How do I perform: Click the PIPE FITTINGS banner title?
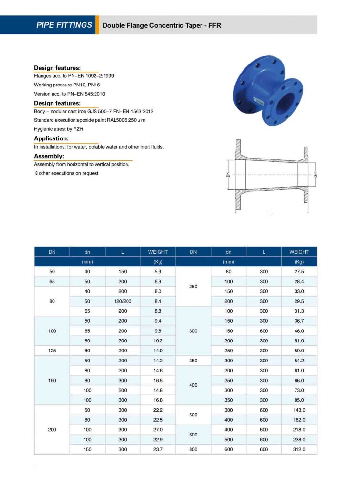click(x=64, y=25)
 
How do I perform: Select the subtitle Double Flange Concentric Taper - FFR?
click(x=162, y=25)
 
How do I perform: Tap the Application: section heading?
click(x=51, y=138)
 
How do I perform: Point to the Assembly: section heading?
click(x=49, y=156)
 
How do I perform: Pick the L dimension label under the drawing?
click(x=271, y=213)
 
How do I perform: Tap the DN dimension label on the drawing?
click(x=228, y=175)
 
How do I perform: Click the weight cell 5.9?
click(x=158, y=272)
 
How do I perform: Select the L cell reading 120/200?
click(x=123, y=301)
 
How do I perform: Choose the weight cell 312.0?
click(x=299, y=449)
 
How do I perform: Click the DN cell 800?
click(x=193, y=449)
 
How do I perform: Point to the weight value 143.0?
click(x=299, y=410)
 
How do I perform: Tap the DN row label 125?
click(x=52, y=351)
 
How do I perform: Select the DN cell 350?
click(x=193, y=361)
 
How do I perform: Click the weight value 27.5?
click(x=299, y=272)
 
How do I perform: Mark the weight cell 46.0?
click(x=299, y=331)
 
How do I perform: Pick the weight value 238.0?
click(x=299, y=439)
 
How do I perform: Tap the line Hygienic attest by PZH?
click(x=59, y=129)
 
